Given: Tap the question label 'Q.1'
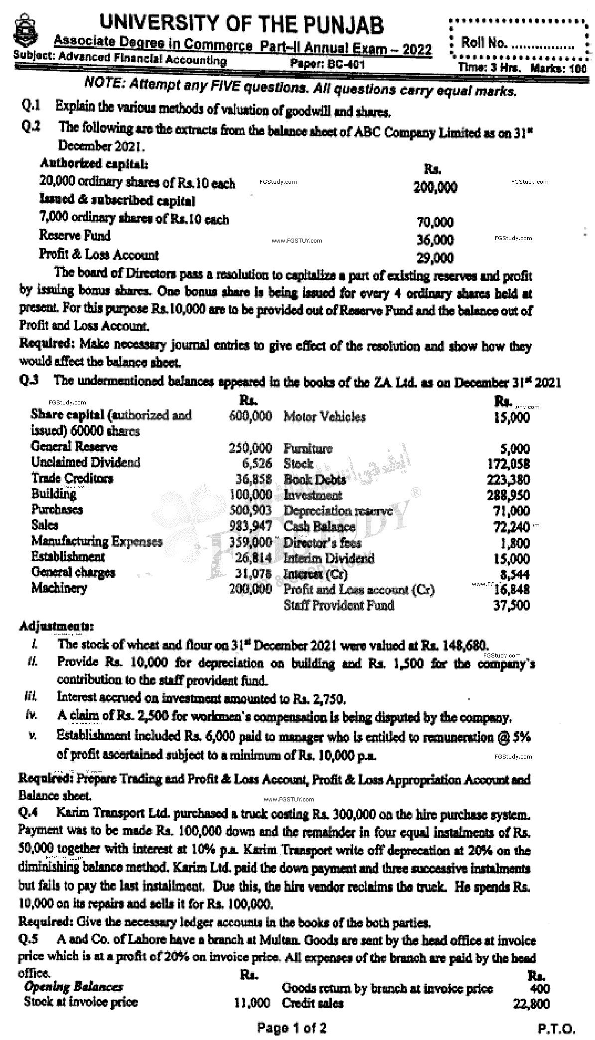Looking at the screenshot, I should pos(31,106).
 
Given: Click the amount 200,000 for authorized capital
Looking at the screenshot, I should pos(435,187).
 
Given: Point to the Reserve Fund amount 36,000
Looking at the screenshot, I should pos(435,240).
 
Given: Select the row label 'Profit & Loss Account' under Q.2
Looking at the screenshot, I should pos(99,255).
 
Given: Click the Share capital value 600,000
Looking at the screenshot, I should pos(251,416).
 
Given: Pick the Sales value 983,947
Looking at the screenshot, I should pos(251,525).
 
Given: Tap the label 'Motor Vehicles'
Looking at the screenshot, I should pos(324,416).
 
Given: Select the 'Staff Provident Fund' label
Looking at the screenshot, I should pos(339,605).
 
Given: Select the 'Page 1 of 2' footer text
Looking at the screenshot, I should pos(292,1027).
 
